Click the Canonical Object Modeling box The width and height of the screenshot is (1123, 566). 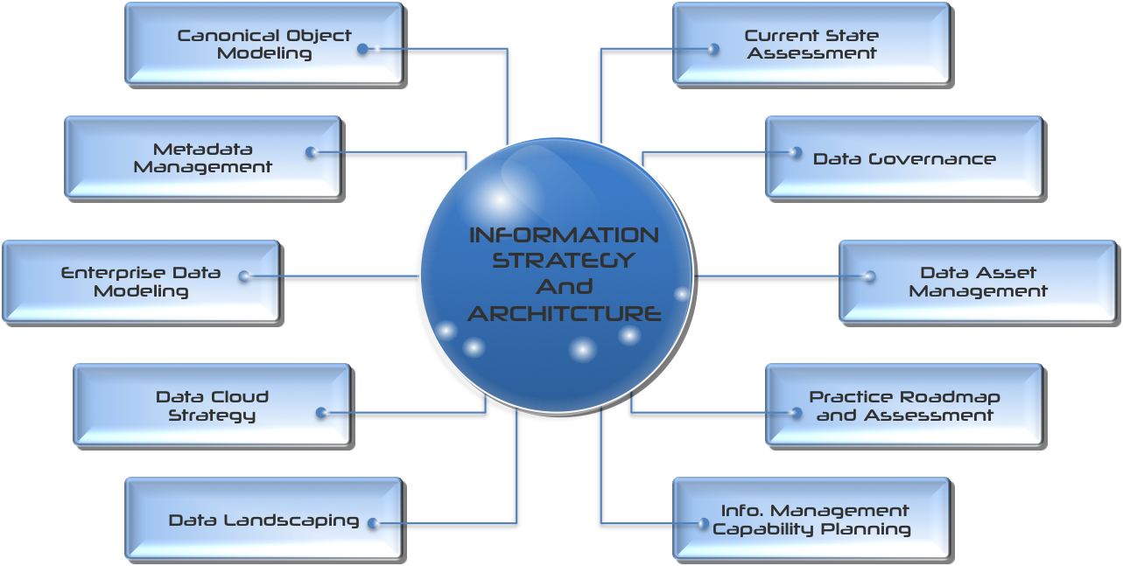[263, 44]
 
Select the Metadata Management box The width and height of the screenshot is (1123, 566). [202, 157]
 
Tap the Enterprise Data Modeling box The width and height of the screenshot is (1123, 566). [141, 282]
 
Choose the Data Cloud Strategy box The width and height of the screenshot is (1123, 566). [212, 405]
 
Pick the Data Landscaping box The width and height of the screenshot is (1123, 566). [263, 520]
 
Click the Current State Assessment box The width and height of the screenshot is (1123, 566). [811, 44]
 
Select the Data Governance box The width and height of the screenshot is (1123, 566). [904, 158]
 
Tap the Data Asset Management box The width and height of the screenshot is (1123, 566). [978, 282]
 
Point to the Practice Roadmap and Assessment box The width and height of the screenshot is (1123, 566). [904, 405]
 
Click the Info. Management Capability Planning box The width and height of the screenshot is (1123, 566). [811, 520]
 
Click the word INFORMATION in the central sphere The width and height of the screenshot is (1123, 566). [564, 234]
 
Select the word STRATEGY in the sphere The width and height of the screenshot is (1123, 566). [564, 260]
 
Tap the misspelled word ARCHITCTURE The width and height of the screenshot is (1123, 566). [564, 313]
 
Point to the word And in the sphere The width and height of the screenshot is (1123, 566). [565, 286]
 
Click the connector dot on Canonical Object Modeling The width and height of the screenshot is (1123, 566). [363, 49]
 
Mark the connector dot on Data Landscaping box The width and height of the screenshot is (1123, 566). [373, 523]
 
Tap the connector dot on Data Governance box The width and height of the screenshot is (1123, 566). [796, 152]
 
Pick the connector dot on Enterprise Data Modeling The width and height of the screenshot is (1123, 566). [244, 276]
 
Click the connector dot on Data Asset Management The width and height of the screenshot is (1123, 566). [869, 276]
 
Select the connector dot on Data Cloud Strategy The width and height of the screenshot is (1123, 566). [321, 412]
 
